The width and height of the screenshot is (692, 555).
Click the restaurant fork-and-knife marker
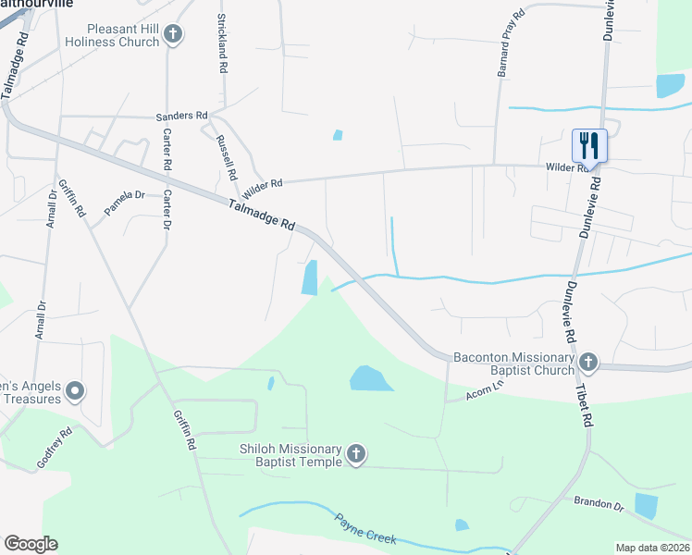589,145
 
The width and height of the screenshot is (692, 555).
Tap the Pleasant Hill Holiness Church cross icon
172,35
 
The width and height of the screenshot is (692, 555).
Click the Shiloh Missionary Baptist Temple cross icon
357,454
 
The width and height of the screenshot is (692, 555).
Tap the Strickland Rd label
222,43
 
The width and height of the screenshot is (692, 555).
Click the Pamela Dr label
125,203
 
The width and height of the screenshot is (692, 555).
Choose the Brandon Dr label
599,503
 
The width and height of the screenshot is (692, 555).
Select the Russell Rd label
227,156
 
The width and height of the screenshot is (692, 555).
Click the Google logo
31,544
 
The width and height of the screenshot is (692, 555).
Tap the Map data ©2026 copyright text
652,548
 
